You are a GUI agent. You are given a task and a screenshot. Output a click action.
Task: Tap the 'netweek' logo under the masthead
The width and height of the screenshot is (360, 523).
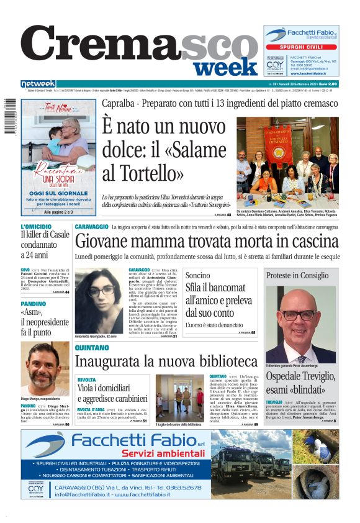point(38,84)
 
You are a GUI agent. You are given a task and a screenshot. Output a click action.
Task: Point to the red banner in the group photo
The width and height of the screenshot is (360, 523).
point(278,144)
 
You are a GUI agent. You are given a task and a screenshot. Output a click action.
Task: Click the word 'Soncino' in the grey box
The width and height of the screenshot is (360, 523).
point(198,275)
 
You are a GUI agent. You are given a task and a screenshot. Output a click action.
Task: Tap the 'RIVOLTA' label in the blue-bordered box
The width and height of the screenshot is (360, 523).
point(86,379)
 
